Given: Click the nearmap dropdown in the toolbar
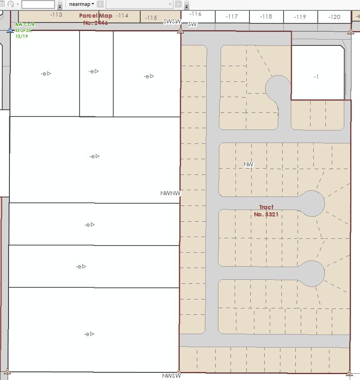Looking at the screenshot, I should point(81,4).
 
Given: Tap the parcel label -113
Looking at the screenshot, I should point(56,15).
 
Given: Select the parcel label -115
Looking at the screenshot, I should point(151,18).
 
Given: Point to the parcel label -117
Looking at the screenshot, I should point(232,17).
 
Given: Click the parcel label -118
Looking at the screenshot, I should point(266,17).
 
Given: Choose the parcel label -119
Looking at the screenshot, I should point(300,17).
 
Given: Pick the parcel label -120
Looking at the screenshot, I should point(334,17).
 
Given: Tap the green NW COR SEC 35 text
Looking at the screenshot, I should point(25,30).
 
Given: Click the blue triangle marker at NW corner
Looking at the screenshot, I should point(10,31).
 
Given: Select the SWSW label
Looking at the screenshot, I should point(171,22).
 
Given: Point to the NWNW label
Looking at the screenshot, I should point(170,193).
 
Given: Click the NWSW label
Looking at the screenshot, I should point(171,376).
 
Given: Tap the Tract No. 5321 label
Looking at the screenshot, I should point(266,210).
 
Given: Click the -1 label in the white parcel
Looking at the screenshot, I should point(316,77).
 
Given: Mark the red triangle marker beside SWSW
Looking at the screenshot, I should point(180,31).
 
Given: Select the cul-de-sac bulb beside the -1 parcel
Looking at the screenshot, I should point(278,88).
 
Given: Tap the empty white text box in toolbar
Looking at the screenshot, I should point(38,4).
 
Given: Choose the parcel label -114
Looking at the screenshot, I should point(122,16).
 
